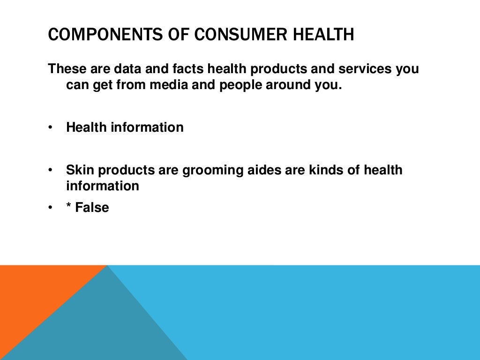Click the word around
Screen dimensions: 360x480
click(289, 86)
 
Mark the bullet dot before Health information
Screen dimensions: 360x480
click(50, 127)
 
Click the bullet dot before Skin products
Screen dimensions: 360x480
click(50, 170)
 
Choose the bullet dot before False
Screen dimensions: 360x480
click(50, 208)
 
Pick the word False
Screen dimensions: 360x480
click(92, 207)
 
